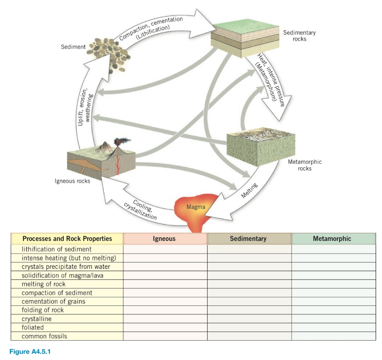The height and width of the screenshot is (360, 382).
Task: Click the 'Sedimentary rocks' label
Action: click(x=299, y=36)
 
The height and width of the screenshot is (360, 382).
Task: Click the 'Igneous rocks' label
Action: click(x=72, y=181)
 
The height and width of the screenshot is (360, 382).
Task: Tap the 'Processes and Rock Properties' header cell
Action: click(x=67, y=239)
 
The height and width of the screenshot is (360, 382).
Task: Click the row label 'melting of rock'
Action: click(x=44, y=284)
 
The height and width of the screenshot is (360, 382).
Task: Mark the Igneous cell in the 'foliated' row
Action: click(x=165, y=328)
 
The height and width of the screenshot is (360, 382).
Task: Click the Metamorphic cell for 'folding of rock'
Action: click(x=333, y=310)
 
